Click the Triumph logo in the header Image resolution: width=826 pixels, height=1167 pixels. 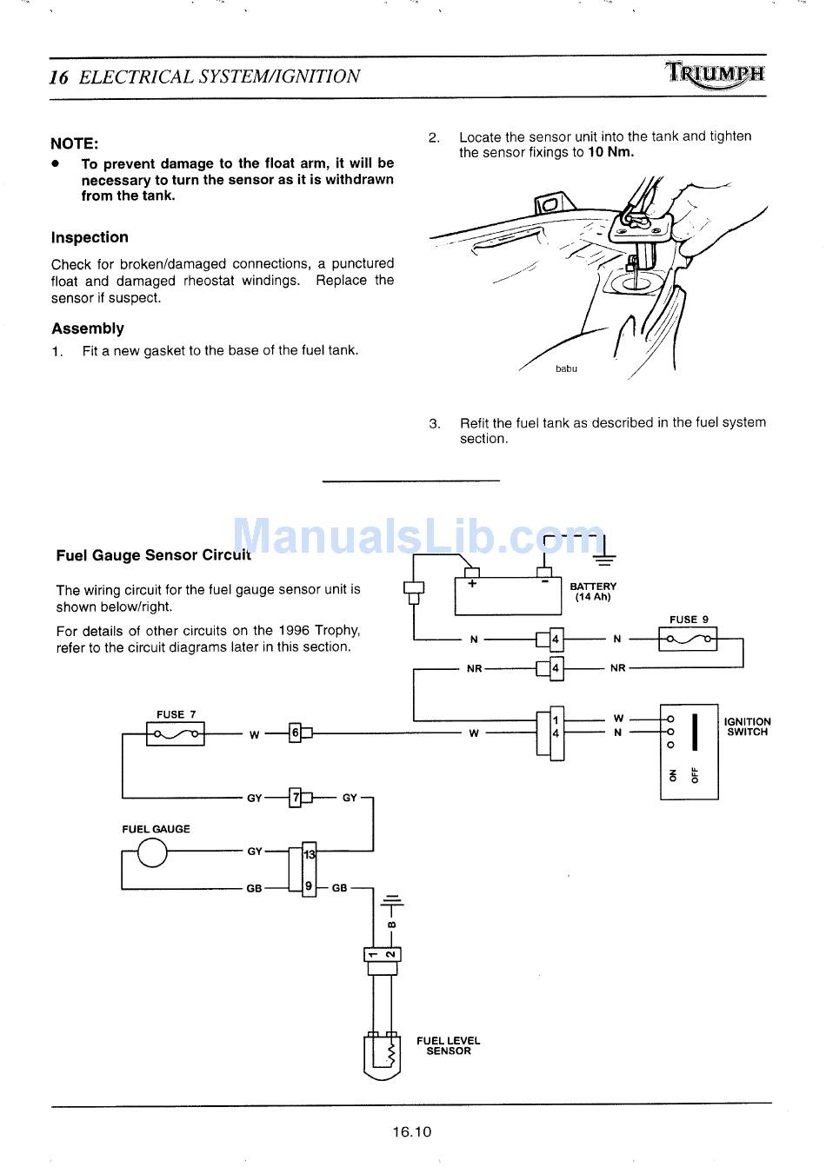pyautogui.click(x=716, y=75)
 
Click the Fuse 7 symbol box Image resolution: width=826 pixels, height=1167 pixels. pyautogui.click(x=177, y=734)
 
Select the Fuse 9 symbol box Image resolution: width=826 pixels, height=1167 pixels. pyautogui.click(x=688, y=640)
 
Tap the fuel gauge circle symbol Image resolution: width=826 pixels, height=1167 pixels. pyautogui.click(x=152, y=852)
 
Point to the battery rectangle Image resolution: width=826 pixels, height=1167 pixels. pyautogui.click(x=508, y=596)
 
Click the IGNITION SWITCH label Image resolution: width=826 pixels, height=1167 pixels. pyautogui.click(x=747, y=726)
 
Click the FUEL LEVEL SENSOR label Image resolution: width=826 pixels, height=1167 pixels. pyautogui.click(x=448, y=1045)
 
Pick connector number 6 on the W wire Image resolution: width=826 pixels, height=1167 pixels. pyautogui.click(x=296, y=733)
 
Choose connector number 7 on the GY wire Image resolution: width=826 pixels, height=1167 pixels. pyautogui.click(x=296, y=797)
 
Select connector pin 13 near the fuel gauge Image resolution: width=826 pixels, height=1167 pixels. pyautogui.click(x=309, y=855)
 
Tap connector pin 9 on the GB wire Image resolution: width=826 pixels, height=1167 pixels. pyautogui.click(x=309, y=887)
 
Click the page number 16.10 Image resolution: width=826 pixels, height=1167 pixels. pyautogui.click(x=411, y=1131)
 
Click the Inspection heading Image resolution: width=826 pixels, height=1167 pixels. pyautogui.click(x=90, y=237)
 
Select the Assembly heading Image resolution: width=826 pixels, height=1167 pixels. pyautogui.click(x=87, y=328)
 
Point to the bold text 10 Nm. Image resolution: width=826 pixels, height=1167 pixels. pyautogui.click(x=610, y=153)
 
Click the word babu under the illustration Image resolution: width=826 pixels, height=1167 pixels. pyautogui.click(x=566, y=368)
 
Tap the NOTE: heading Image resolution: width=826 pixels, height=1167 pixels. pyautogui.click(x=75, y=143)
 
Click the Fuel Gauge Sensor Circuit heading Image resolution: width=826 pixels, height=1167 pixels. pyautogui.click(x=153, y=554)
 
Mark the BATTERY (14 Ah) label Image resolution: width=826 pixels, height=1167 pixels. pyautogui.click(x=593, y=592)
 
